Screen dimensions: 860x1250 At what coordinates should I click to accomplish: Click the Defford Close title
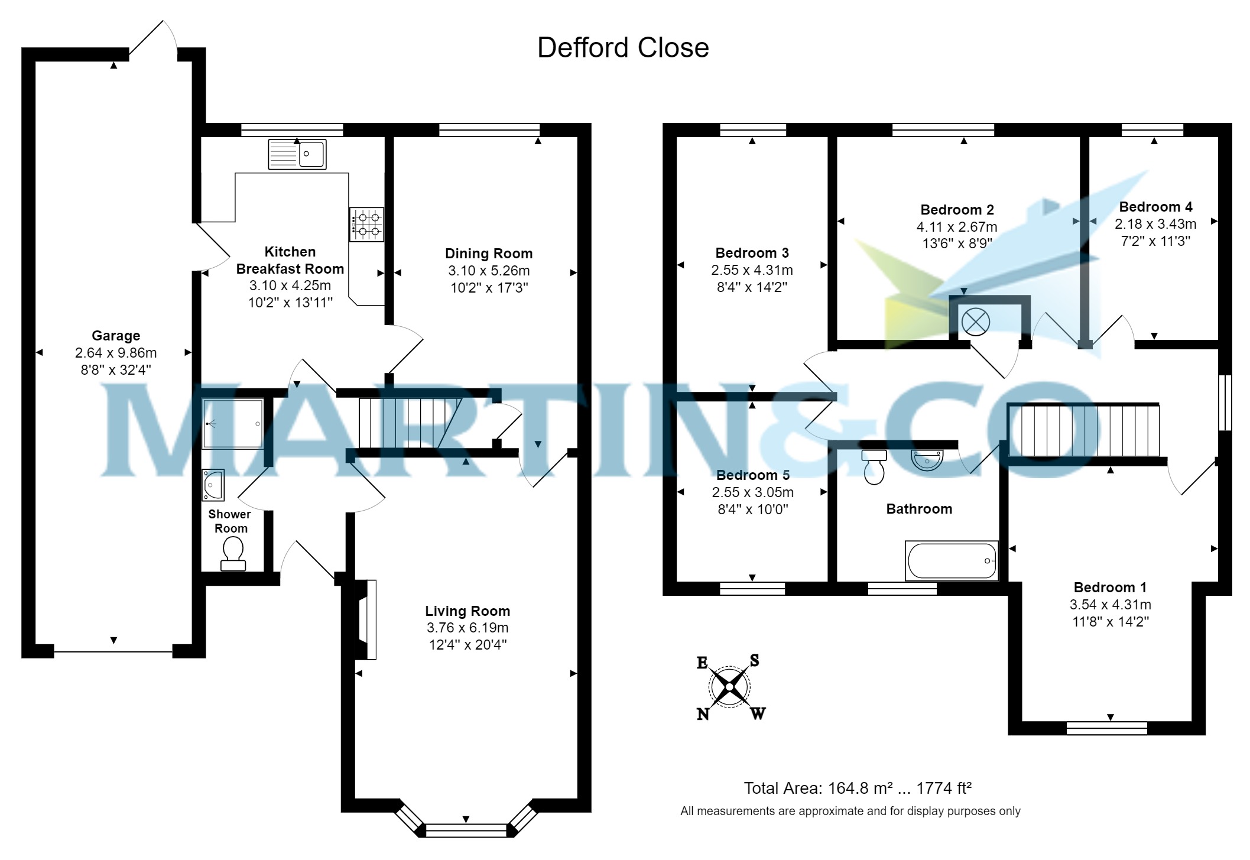coord(622,48)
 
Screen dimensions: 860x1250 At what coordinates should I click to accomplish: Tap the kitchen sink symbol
coord(297,154)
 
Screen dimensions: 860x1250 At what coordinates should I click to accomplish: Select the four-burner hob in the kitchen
coord(366,225)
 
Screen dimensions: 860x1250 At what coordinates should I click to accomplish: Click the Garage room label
coord(116,336)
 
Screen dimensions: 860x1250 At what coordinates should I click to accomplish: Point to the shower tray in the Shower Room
coord(232,424)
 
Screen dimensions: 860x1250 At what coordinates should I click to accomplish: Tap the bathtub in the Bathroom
coord(951,560)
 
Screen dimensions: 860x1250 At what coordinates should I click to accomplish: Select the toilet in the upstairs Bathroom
coord(874,466)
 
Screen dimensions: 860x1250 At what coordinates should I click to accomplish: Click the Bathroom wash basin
coord(927,460)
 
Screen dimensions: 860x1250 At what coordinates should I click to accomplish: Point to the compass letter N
coord(703,715)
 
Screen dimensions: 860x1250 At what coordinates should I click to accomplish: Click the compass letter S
coord(754,660)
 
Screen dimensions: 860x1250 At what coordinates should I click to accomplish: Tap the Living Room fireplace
coord(366,619)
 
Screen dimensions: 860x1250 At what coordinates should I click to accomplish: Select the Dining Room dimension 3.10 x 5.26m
coord(489,271)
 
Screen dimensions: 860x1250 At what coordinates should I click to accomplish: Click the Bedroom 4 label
coord(1155,207)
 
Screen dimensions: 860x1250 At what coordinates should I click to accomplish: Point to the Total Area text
coord(858,788)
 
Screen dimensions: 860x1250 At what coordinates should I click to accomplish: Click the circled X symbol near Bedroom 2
coord(976,322)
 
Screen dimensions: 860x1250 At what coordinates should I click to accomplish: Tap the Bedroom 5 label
coord(752,475)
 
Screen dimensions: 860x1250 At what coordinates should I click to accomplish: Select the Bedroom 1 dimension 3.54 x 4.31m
coord(1110,605)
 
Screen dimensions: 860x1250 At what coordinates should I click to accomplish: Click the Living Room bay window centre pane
coord(466,830)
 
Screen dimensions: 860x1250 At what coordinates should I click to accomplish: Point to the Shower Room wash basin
coord(213,484)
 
